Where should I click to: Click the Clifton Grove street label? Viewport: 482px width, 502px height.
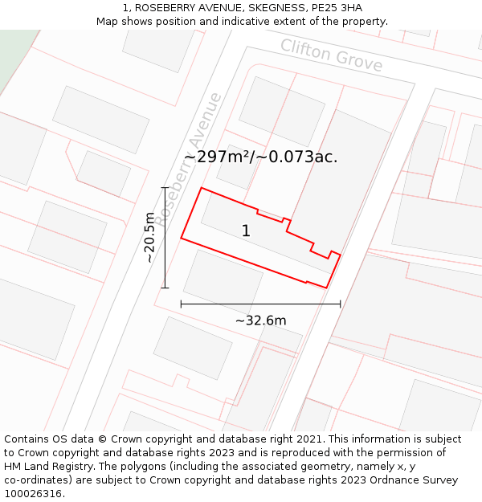pyautogui.click(x=331, y=55)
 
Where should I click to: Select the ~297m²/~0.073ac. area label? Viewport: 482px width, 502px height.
pyautogui.click(x=261, y=157)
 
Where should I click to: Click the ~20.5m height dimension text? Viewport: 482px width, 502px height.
pyautogui.click(x=149, y=238)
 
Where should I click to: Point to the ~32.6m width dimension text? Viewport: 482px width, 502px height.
pyautogui.click(x=260, y=321)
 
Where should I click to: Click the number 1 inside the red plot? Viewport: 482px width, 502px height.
pyautogui.click(x=246, y=231)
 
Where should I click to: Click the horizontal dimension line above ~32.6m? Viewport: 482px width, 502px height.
pyautogui.click(x=260, y=304)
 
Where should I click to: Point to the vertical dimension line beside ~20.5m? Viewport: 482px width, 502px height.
pyautogui.click(x=165, y=238)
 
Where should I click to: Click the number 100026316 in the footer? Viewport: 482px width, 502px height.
pyautogui.click(x=34, y=494)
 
